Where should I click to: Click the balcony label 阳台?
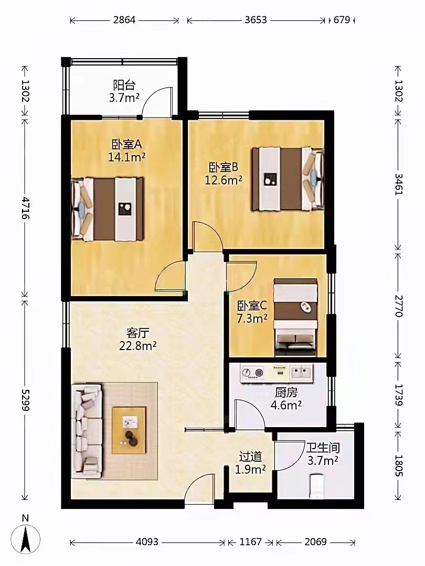124,85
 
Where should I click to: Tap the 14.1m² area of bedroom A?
127,157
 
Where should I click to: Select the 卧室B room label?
224,168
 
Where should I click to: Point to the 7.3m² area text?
252,319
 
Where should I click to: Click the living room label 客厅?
137,332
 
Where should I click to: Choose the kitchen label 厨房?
286,393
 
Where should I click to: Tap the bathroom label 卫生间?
323,448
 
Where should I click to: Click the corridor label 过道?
250,456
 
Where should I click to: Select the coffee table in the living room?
129,430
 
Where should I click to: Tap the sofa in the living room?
87,431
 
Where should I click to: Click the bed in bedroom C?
295,317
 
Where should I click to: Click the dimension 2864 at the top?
124,20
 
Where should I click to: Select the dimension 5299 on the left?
25,400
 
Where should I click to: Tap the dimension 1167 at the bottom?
250,542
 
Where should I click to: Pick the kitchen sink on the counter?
301,372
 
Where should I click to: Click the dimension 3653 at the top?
256,20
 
